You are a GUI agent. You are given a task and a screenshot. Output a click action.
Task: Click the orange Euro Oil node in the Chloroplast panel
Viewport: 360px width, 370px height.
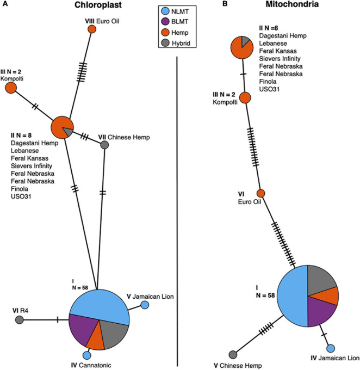(x=92, y=28)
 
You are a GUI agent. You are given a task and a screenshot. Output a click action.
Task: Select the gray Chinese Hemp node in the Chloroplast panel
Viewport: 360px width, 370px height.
(x=105, y=144)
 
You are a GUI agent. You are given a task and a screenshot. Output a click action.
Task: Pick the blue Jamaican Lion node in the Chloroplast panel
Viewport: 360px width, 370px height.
(x=145, y=305)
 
